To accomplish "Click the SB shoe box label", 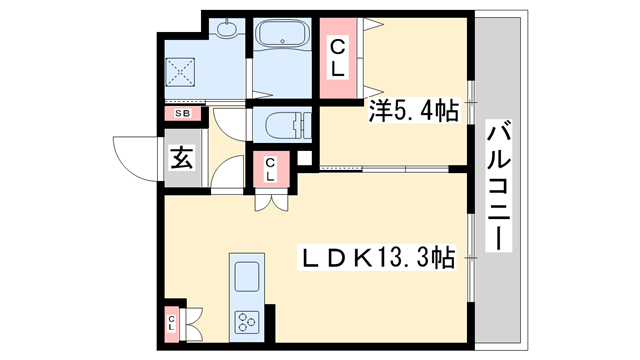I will tap(182, 113).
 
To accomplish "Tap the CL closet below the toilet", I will tap(270, 170).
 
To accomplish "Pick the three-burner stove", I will tap(246, 319).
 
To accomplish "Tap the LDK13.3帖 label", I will tap(380, 259).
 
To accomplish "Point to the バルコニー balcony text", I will tap(498, 186).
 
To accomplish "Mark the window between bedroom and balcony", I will tap(472, 110).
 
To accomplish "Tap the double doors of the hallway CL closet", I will tap(270, 199).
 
